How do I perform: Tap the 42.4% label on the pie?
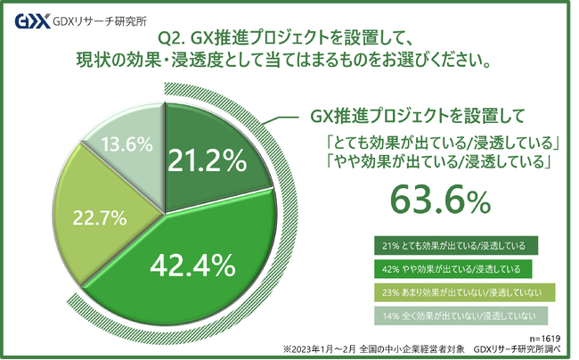point(192,264)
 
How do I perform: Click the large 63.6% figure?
point(442,200)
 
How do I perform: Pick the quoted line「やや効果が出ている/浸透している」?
point(442,162)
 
